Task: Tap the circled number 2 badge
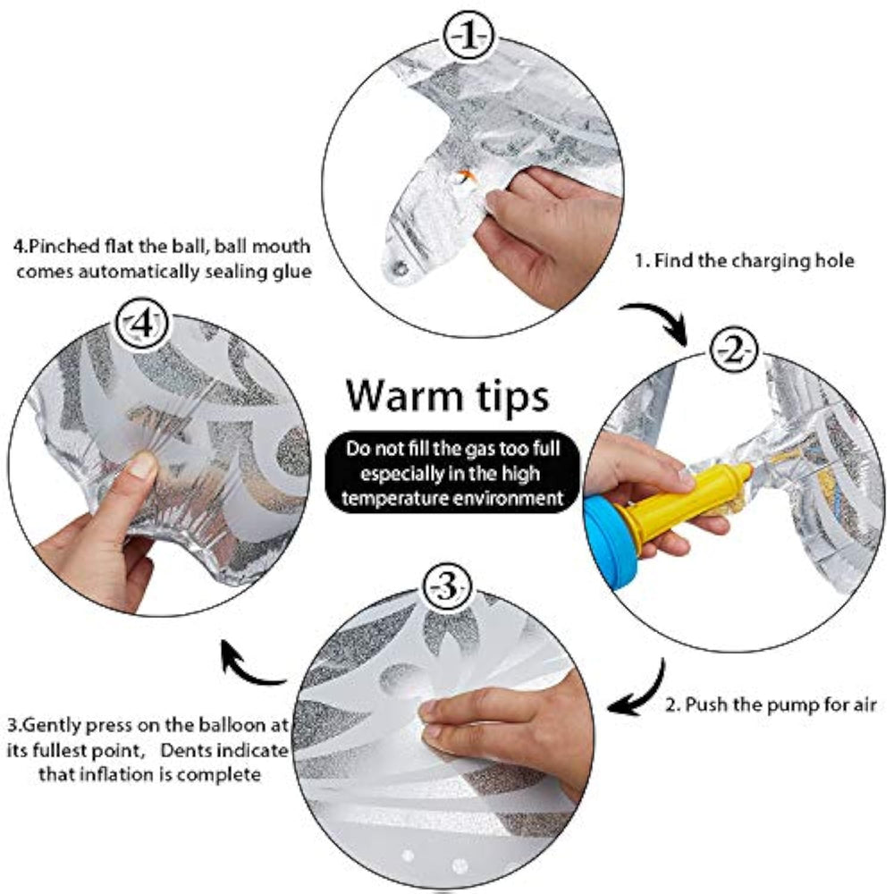tap(734, 351)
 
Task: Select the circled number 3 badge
tap(447, 588)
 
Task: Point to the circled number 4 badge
tap(142, 325)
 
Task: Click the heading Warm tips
tap(447, 396)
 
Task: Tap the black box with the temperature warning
tap(452, 473)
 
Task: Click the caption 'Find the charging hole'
tap(754, 261)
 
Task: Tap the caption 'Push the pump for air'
tap(780, 704)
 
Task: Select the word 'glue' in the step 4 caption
tap(292, 272)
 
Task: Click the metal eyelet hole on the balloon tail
tap(401, 267)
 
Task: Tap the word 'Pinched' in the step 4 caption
tap(64, 247)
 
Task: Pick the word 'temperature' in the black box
tap(391, 499)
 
